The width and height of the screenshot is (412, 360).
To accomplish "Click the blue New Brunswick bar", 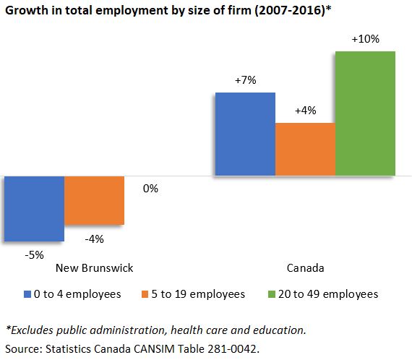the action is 35,209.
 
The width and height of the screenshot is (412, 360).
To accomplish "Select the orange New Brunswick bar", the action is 95,200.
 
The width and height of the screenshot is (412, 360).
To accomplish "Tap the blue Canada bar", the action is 246,134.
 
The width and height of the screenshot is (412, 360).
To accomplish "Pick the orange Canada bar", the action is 305,149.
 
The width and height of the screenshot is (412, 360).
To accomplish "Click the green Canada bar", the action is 365,113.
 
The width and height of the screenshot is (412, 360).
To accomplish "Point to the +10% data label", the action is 366,39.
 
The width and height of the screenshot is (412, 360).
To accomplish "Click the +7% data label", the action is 246,80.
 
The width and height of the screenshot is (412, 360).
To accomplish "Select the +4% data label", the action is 305,111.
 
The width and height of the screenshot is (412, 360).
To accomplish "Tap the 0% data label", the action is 150,189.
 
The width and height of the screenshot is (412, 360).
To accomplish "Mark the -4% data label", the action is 95,239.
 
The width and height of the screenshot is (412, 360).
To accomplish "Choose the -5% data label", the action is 35,255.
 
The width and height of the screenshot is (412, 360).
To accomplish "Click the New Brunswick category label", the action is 95,268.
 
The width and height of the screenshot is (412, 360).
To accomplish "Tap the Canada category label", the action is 305,268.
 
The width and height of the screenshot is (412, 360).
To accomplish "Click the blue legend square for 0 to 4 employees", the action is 27,294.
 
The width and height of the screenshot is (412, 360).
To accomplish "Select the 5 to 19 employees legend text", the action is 198,294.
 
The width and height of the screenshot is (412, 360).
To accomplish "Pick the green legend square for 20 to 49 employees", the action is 272,294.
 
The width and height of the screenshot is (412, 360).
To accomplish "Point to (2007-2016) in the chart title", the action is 290,11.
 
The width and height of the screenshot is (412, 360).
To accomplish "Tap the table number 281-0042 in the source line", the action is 232,349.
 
